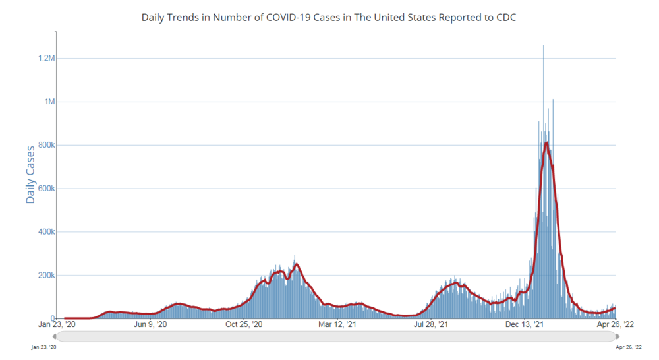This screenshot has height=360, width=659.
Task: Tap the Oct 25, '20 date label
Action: (244, 324)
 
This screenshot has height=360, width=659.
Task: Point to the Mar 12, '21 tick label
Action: (337, 324)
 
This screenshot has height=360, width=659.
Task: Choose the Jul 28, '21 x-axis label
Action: (431, 324)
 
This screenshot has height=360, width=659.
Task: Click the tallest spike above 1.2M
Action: (544, 46)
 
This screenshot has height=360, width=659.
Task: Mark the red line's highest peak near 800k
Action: (546, 142)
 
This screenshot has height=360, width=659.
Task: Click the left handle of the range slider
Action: (55, 336)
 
